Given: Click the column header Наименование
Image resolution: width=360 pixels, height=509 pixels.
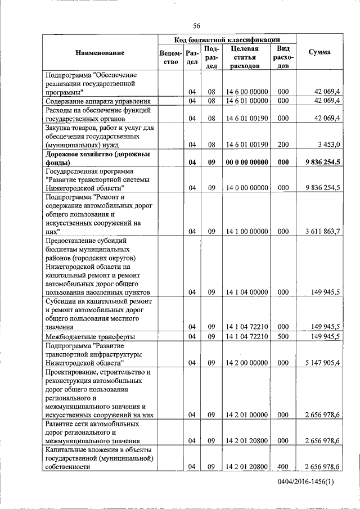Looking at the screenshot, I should coord(100,53).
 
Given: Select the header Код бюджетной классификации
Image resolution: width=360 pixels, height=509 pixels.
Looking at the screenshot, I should coord(227,39).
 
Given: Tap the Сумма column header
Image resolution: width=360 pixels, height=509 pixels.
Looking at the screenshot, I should coord(319,52).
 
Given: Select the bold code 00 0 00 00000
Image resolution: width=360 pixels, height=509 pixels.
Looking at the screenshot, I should coord(246,162).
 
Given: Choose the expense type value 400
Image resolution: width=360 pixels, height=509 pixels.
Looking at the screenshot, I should coord(283,467).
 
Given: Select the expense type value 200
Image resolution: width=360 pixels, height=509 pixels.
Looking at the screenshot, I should coord(283,145).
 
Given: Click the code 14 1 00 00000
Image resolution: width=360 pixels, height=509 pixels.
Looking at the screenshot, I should coord(246,231).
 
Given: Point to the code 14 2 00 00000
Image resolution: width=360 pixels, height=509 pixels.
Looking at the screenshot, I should coord(246,363).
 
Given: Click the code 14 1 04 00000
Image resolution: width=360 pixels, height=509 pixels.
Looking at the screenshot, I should coord(246,292).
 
